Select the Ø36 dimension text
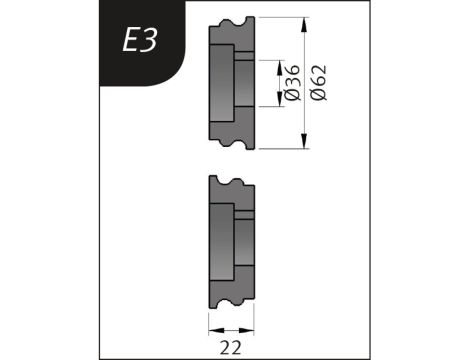[291, 81]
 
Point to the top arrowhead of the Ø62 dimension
[305, 20]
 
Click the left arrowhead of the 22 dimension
[212, 331]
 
